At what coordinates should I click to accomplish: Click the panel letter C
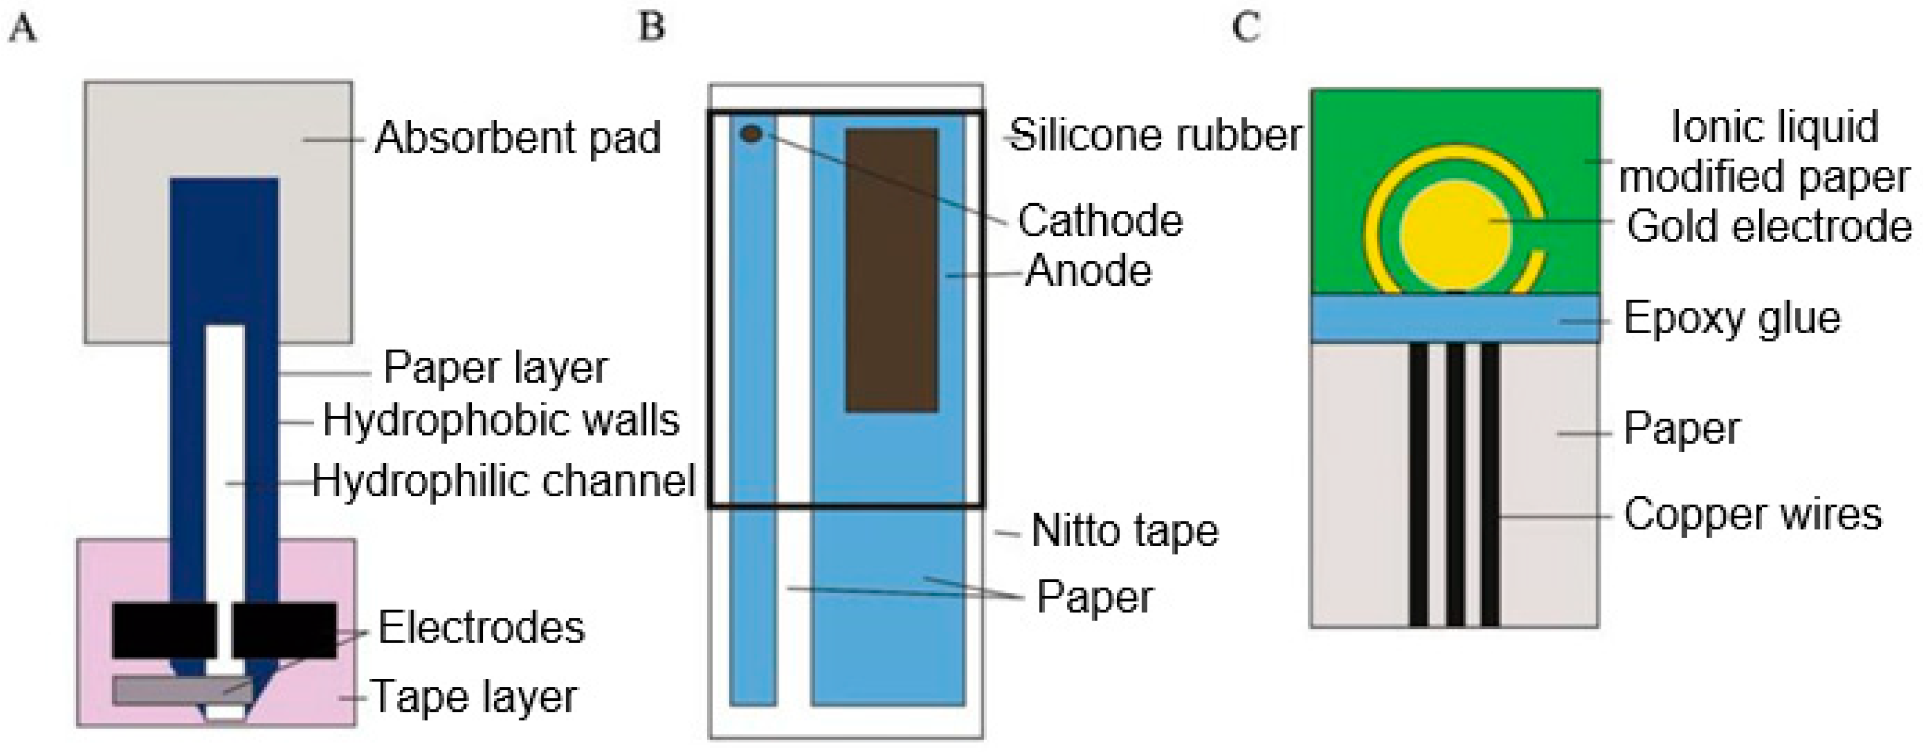tap(1245, 29)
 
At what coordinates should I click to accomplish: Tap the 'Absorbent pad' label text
tap(518, 139)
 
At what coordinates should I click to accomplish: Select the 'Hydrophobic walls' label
tap(501, 422)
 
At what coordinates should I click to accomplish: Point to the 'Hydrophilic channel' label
tap(504, 481)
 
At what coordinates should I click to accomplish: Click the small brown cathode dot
tap(751, 134)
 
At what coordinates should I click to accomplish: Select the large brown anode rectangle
tap(891, 270)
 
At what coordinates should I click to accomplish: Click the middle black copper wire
tap(1455, 485)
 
